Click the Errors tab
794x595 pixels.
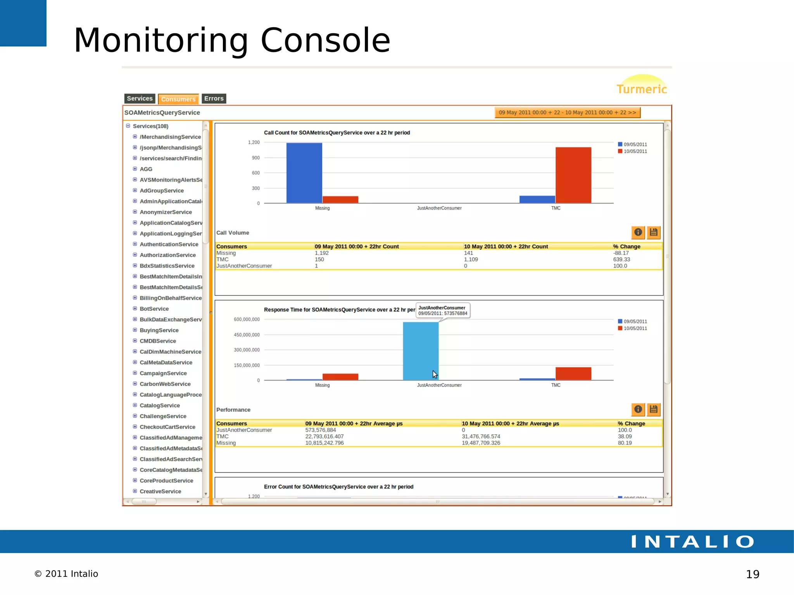[x=214, y=99]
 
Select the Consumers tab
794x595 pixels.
[x=178, y=99]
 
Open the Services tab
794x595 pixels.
[x=140, y=99]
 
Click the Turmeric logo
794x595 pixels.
[x=642, y=86]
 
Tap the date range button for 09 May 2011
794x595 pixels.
[x=567, y=113]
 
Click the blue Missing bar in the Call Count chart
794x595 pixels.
[x=304, y=173]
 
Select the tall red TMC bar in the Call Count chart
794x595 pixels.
[x=573, y=175]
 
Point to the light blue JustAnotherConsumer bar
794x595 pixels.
[x=421, y=351]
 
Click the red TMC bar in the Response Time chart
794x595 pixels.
[x=573, y=373]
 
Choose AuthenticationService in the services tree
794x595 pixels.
[x=169, y=244]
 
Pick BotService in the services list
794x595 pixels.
[x=154, y=309]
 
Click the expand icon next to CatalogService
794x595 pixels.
[x=135, y=405]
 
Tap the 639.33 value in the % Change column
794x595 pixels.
[x=621, y=260]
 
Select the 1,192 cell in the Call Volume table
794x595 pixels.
[x=322, y=253]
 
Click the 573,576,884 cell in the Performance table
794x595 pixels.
[x=321, y=430]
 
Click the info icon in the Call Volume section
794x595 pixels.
[x=638, y=232]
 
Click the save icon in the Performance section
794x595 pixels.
[x=654, y=409]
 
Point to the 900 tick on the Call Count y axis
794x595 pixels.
[x=255, y=158]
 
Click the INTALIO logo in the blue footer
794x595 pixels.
[x=692, y=542]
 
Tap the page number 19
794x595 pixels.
[x=753, y=574]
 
